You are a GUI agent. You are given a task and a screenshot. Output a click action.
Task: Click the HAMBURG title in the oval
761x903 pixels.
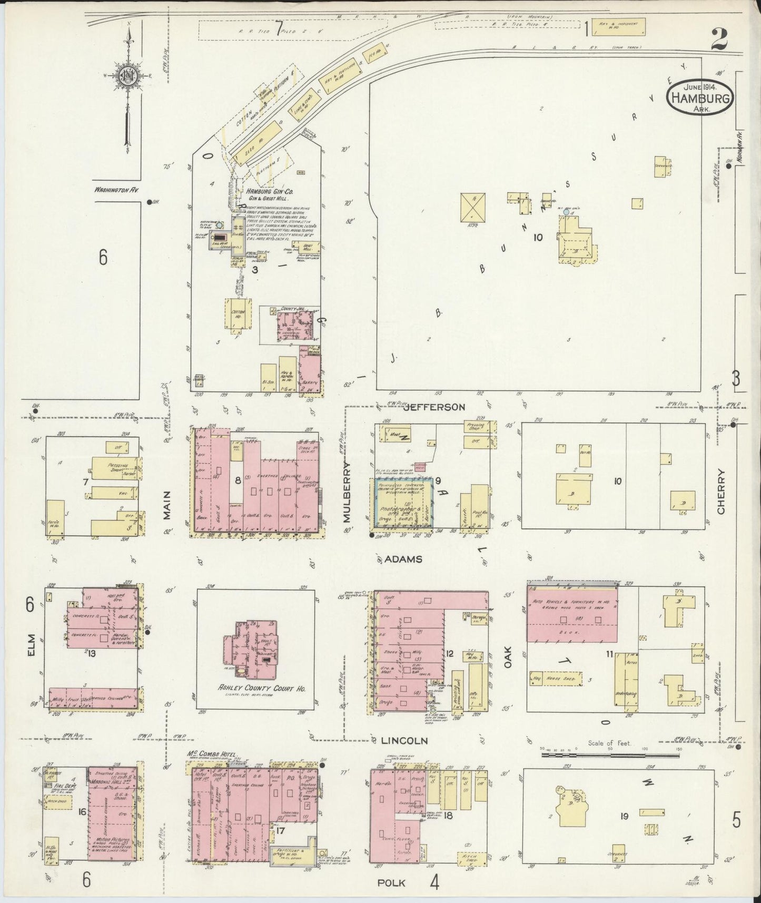(699, 98)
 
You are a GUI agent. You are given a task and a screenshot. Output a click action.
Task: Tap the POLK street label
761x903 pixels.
(391, 882)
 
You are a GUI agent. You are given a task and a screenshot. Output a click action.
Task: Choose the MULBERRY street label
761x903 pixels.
(347, 492)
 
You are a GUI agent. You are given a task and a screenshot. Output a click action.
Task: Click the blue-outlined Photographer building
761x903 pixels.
(403, 503)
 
